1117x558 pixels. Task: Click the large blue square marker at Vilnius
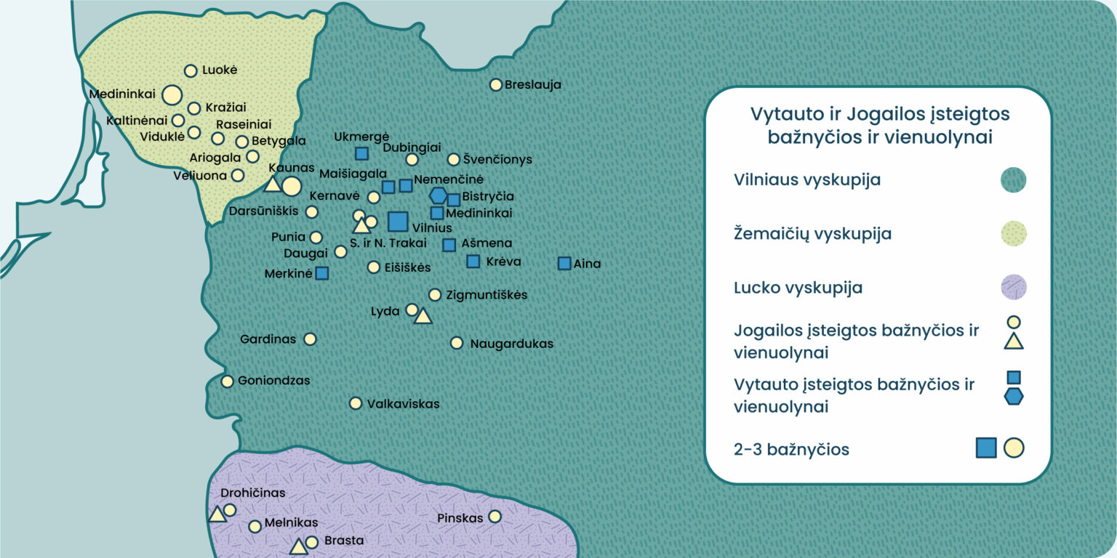point(398,222)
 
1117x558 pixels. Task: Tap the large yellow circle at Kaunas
point(291,186)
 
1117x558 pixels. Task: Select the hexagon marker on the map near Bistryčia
point(438,195)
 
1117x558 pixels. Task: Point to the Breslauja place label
point(533,85)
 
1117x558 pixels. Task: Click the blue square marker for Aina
point(564,264)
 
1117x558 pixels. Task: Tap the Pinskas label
point(460,518)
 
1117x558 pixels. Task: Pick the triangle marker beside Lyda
point(423,316)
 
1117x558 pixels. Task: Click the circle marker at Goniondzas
point(228,381)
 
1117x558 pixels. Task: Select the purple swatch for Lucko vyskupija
point(1013,288)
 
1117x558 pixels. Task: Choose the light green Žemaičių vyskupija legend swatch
point(1013,234)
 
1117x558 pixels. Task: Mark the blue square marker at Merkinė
point(321,273)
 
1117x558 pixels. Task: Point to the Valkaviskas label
point(403,404)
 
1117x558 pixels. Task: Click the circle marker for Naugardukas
point(457,343)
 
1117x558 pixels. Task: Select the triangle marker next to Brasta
point(297,548)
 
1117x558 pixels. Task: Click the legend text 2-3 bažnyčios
point(791,450)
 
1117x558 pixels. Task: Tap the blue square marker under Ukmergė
point(361,153)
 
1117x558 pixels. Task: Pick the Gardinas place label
point(268,339)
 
